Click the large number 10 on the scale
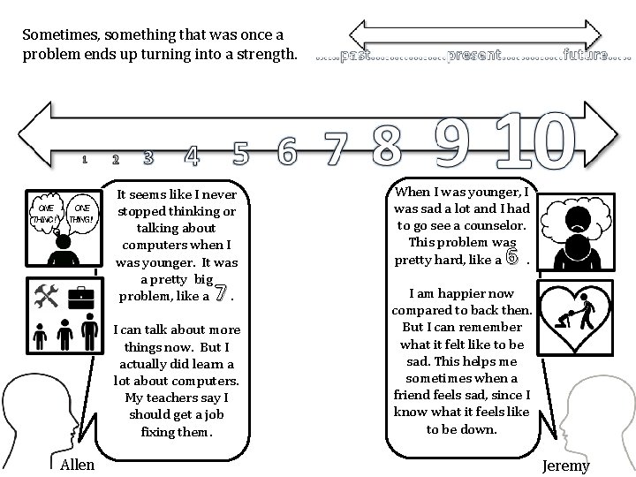click(535, 140)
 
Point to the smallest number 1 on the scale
click(84, 160)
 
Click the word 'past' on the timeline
click(354, 57)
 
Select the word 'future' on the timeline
click(585, 57)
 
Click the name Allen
click(77, 464)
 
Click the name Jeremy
click(566, 466)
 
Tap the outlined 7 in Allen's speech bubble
click(222, 292)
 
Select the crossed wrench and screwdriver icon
click(45, 296)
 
